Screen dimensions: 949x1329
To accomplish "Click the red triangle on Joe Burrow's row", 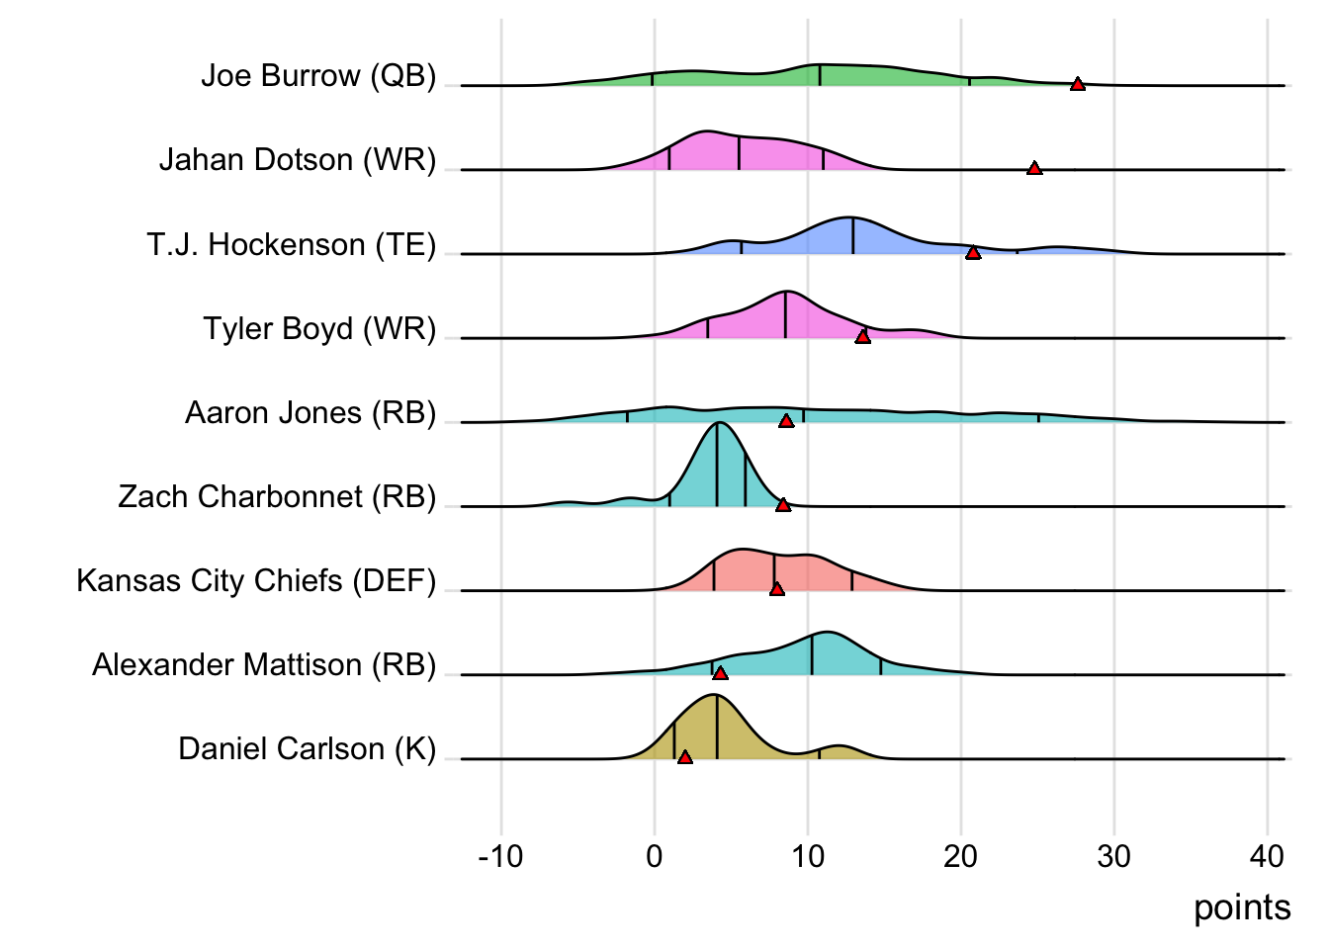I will tap(1078, 85).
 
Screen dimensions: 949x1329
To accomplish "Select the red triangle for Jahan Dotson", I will tap(1034, 169).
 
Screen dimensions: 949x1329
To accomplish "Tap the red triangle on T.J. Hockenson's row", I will tap(973, 253).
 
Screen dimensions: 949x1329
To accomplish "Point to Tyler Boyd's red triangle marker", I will tap(862, 337).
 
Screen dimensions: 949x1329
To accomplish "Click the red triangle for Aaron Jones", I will tap(786, 421).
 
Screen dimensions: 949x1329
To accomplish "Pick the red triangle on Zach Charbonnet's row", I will tap(783, 505).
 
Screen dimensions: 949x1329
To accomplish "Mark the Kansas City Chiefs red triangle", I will tap(777, 589).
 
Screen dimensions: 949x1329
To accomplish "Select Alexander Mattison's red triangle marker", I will tap(720, 673).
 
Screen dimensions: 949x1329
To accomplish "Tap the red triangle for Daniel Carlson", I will tap(685, 757).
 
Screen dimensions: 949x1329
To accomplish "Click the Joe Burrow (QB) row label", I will tap(318, 76).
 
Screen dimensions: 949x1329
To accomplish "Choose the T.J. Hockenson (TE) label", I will tap(292, 244).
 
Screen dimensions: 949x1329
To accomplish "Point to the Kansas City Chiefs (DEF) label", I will tap(256, 580).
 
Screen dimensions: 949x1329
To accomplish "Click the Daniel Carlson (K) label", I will tap(307, 749).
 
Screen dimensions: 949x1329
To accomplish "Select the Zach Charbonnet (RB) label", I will tap(277, 496).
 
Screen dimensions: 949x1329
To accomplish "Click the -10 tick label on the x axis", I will tap(500, 856).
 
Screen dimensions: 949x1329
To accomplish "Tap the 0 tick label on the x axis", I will tap(655, 856).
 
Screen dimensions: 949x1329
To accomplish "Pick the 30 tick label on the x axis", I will tap(1113, 856).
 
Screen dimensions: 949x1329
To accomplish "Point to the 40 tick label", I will tap(1267, 856).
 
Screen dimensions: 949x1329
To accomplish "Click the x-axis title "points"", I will tap(1242, 907).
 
